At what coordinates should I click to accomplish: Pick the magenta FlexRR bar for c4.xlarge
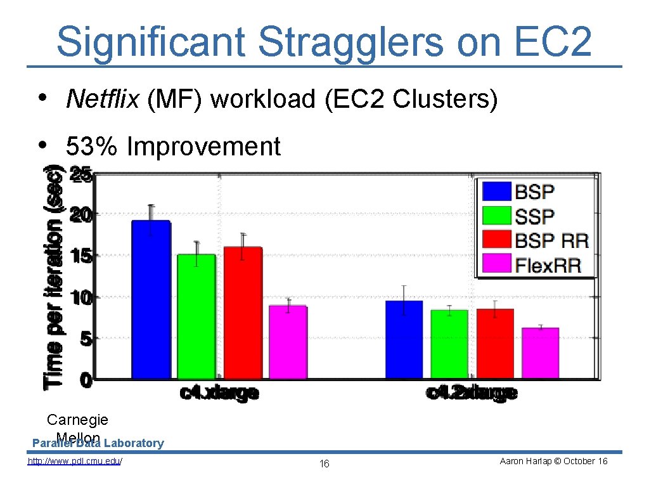click(x=288, y=342)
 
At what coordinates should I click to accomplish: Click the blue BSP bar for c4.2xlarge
click(x=404, y=339)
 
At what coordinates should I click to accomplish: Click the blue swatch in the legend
click(x=497, y=191)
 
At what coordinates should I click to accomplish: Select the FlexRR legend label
click(x=548, y=264)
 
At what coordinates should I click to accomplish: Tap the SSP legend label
click(x=534, y=216)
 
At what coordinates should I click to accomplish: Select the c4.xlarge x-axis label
click(x=219, y=393)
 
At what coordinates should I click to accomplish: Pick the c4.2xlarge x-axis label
click(x=472, y=393)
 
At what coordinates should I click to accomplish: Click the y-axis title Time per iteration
click(x=55, y=276)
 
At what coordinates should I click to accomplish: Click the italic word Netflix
click(x=102, y=99)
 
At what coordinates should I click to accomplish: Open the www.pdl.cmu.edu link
click(x=75, y=461)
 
